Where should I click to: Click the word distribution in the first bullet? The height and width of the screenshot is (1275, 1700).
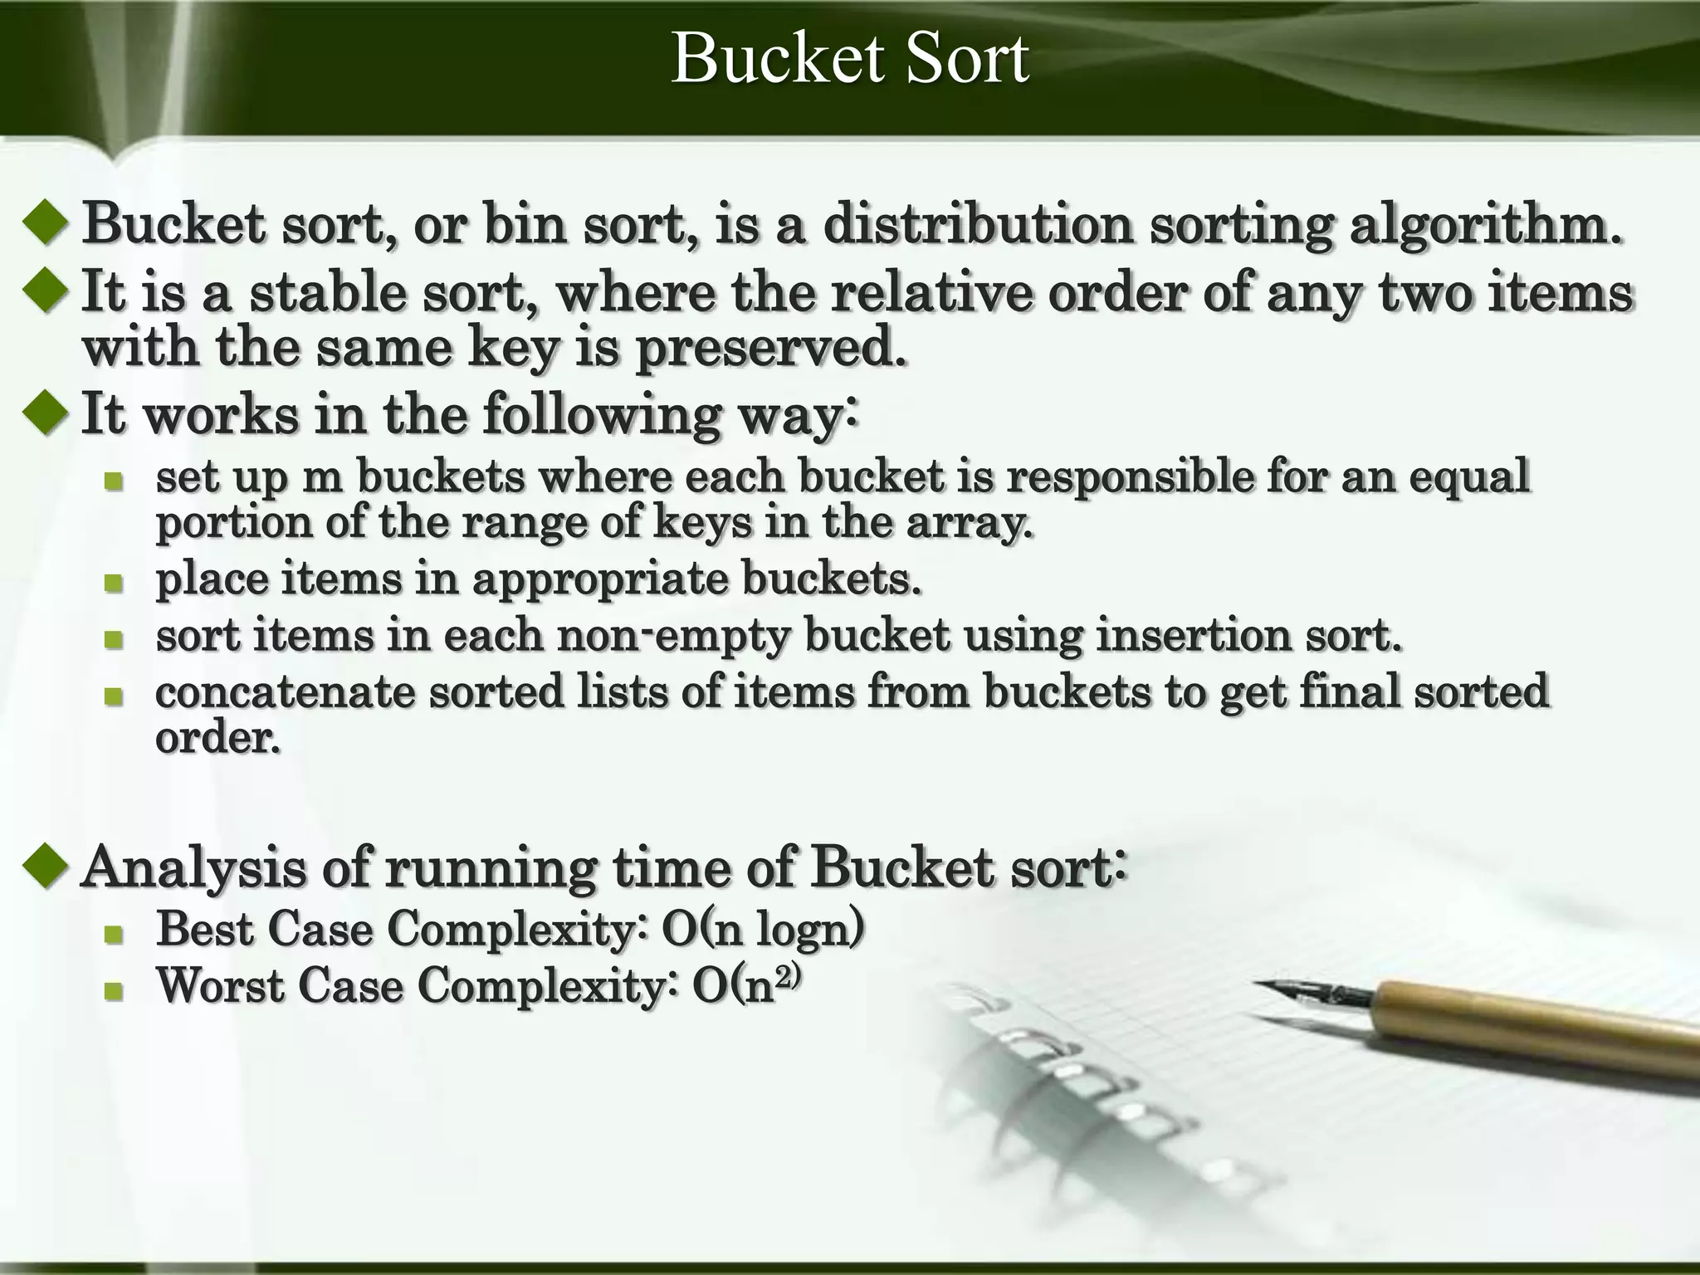click(x=978, y=224)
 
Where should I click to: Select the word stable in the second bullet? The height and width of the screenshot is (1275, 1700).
click(x=328, y=292)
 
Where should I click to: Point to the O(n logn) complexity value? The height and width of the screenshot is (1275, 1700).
click(x=762, y=928)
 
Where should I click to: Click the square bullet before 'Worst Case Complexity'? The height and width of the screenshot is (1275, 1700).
click(x=114, y=989)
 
